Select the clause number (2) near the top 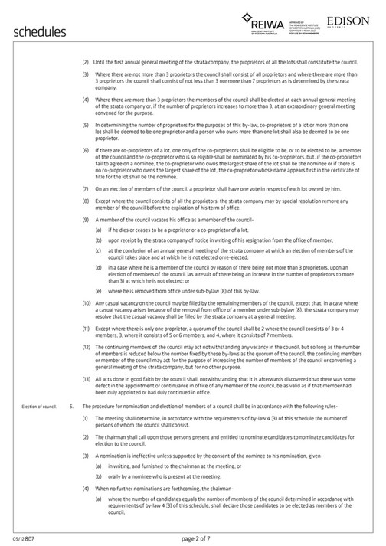tap(86, 61)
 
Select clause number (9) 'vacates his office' tap(86, 220)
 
